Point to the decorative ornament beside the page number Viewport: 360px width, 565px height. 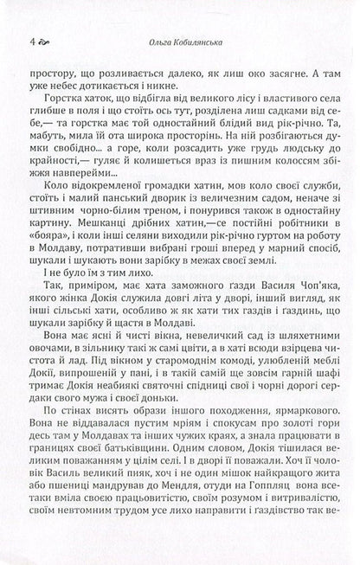(x=47, y=41)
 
